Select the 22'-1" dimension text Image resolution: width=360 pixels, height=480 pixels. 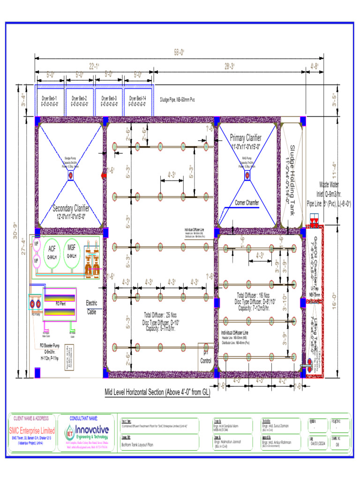(x=94, y=66)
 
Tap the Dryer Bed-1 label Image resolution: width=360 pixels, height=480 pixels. (x=49, y=98)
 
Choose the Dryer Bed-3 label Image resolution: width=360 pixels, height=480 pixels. (x=109, y=98)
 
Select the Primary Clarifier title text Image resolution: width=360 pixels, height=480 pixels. (x=246, y=137)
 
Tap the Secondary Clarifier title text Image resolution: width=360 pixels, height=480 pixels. (x=71, y=209)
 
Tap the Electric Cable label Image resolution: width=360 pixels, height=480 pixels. (x=91, y=307)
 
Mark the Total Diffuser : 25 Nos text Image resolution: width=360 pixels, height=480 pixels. (x=161, y=315)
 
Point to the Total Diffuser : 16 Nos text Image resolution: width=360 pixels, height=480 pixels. (x=254, y=296)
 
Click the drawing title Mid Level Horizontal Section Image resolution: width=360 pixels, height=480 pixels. (x=157, y=392)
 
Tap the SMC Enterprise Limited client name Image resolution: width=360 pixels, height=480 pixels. (x=32, y=430)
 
